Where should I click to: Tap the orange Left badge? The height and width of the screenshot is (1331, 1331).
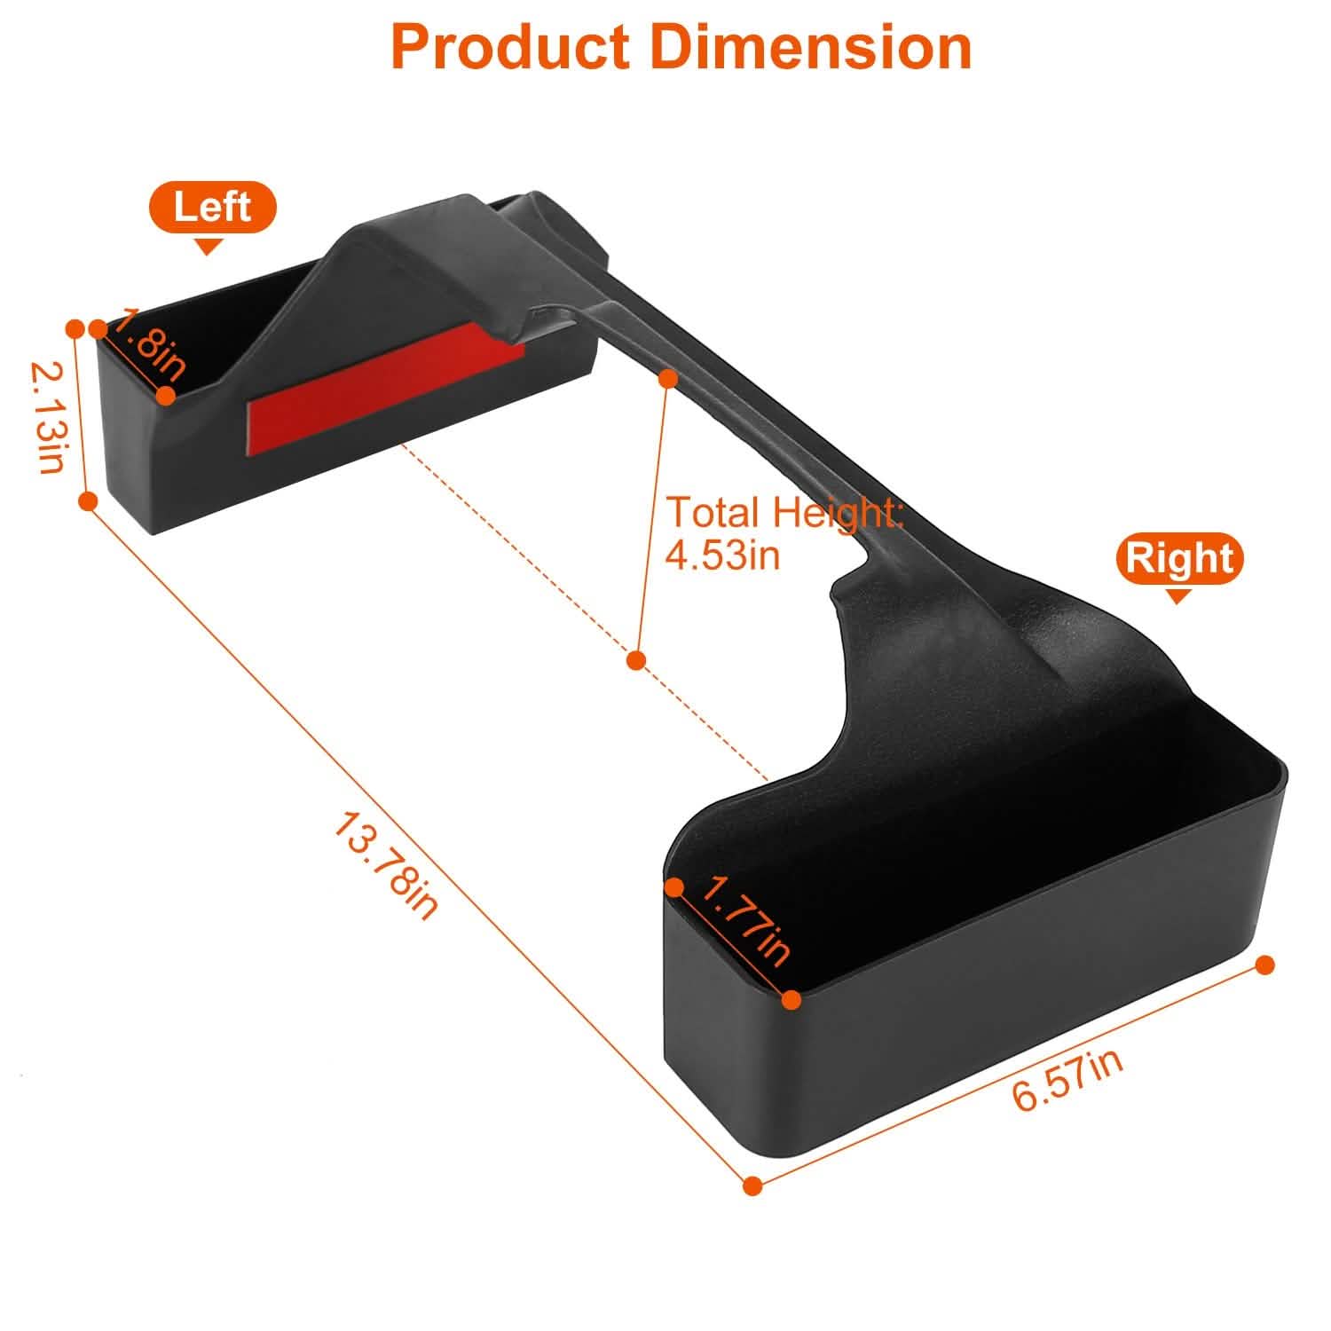[x=213, y=208]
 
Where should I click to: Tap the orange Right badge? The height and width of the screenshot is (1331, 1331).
[x=1180, y=558]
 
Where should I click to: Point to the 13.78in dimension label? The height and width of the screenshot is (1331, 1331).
[x=386, y=866]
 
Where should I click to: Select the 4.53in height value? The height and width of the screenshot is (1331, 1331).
[x=723, y=555]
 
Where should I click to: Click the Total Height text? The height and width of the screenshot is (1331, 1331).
[x=784, y=513]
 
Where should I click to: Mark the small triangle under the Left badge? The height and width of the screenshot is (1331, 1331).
[x=209, y=247]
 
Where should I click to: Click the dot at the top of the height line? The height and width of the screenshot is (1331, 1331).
[x=669, y=379]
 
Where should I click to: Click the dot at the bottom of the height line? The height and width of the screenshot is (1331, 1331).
[x=635, y=660]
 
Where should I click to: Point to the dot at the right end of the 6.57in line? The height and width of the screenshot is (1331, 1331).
[x=1265, y=965]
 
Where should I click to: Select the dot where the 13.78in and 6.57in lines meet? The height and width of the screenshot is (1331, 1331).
[x=752, y=1185]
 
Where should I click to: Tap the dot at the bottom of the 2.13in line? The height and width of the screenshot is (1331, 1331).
[x=88, y=501]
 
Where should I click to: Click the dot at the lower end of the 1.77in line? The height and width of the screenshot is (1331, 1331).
[x=792, y=1000]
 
